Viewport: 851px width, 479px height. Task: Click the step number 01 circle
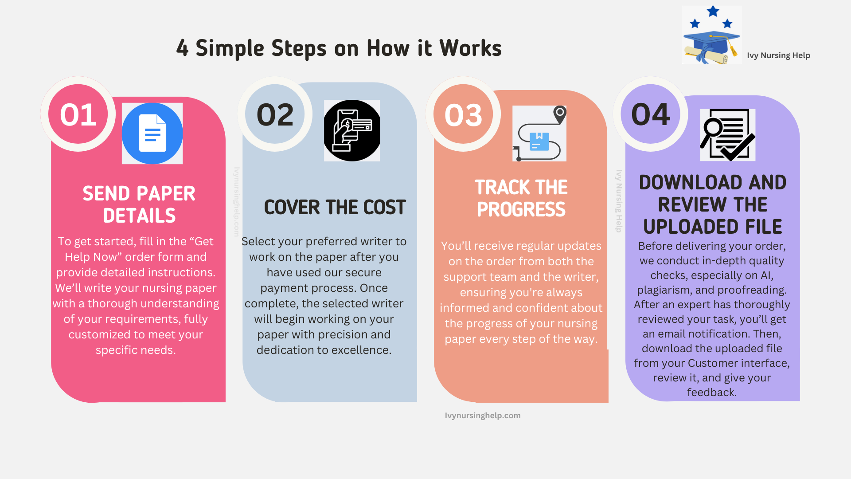pos(78,114)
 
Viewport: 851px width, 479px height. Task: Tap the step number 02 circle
pos(275,114)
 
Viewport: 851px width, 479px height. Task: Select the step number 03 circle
pos(463,114)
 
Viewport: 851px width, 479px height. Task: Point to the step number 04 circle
pos(650,114)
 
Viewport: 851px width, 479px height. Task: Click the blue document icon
pos(152,133)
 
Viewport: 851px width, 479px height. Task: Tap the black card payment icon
pos(352,130)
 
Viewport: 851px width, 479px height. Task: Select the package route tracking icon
pos(539,133)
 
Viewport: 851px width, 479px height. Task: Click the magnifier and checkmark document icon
pos(727,135)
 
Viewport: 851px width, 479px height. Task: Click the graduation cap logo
pos(712,35)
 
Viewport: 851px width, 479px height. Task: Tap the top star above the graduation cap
pos(713,11)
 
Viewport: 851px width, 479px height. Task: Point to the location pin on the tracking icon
pos(560,114)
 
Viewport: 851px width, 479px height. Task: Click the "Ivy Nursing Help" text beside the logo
pos(778,55)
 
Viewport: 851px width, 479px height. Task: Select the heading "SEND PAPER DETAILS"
pos(139,204)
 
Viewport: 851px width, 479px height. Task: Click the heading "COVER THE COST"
pos(335,207)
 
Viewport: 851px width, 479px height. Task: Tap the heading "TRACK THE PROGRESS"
pos(521,198)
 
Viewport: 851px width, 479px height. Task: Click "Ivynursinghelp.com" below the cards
pos(483,416)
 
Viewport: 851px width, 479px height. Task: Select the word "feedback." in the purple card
pos(712,392)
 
